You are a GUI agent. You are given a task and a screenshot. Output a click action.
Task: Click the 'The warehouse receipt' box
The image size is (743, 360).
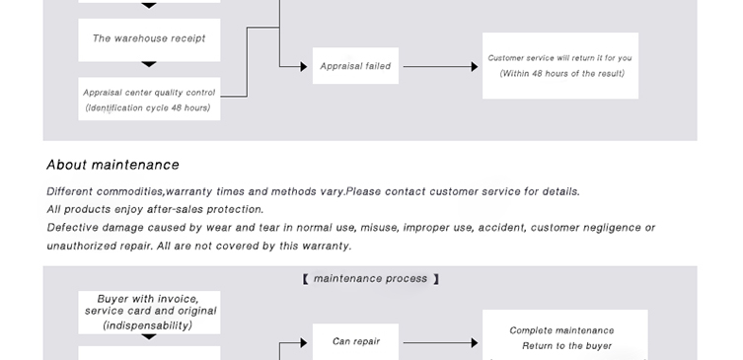[149, 39]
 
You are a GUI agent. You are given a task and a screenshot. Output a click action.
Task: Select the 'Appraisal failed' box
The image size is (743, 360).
[355, 66]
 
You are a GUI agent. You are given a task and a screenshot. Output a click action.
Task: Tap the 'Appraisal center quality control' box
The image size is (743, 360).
[149, 99]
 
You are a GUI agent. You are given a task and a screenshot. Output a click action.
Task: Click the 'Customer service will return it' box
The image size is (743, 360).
[560, 66]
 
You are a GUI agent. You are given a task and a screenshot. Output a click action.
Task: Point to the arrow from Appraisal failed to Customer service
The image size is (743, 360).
[441, 67]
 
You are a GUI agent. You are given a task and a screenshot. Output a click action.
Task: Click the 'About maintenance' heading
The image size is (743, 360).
[112, 165]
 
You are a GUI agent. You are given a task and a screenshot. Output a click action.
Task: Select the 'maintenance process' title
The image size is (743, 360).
[371, 278]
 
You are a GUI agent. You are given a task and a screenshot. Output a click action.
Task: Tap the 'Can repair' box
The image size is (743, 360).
[355, 341]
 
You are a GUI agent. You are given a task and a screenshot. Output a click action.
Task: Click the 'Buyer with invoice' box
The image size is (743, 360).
[149, 312]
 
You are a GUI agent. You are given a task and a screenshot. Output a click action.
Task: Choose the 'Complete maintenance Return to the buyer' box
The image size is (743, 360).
[564, 335]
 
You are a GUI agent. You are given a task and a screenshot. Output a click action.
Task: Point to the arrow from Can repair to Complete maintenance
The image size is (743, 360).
[441, 343]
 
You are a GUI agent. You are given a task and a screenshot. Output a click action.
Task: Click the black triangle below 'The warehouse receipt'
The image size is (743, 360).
[149, 64]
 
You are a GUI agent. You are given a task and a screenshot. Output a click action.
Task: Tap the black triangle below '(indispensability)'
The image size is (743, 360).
[149, 336]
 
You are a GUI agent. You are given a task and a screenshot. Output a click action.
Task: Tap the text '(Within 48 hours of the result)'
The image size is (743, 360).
[562, 73]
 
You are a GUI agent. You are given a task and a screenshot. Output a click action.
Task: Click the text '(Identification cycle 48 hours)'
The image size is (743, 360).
[148, 108]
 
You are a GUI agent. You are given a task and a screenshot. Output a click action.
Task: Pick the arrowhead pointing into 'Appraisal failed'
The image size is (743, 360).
[304, 67]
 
